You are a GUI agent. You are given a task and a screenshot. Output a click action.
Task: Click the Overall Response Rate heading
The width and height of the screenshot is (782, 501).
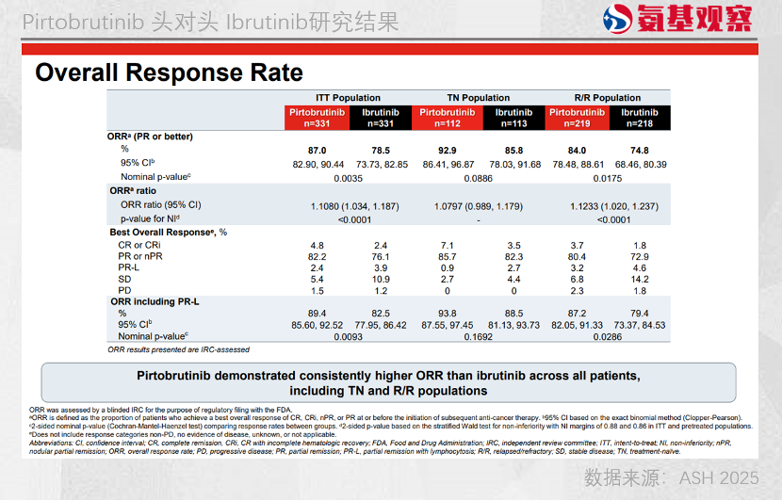point(169,73)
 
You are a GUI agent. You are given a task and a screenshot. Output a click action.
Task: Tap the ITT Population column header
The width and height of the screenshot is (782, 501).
point(348,98)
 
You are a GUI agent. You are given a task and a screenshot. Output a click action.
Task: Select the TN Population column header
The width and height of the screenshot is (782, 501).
point(478,98)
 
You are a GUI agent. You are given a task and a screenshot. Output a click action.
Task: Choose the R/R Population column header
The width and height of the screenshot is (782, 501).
point(607,98)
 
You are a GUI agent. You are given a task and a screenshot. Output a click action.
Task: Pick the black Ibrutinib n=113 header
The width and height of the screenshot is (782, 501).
point(513,118)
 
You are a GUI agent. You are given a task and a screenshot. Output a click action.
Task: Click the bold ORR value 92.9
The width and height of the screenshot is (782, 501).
point(448,151)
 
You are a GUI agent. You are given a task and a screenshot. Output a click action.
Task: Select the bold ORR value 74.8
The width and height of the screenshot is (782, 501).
point(640,151)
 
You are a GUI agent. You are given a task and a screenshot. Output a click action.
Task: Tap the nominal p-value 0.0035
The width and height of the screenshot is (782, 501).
point(349,177)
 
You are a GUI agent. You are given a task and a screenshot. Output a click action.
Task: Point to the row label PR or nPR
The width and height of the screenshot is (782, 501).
point(139,256)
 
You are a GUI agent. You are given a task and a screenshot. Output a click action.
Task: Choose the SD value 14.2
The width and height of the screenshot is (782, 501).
point(640,280)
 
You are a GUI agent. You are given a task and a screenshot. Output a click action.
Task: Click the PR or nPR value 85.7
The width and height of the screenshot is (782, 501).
point(448,256)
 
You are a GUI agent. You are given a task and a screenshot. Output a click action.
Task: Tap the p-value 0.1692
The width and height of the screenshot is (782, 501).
point(480,336)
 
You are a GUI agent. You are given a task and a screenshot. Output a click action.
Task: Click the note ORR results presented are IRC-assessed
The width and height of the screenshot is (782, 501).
point(178,349)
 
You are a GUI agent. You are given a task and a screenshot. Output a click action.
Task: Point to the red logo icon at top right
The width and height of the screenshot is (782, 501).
point(617,19)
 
